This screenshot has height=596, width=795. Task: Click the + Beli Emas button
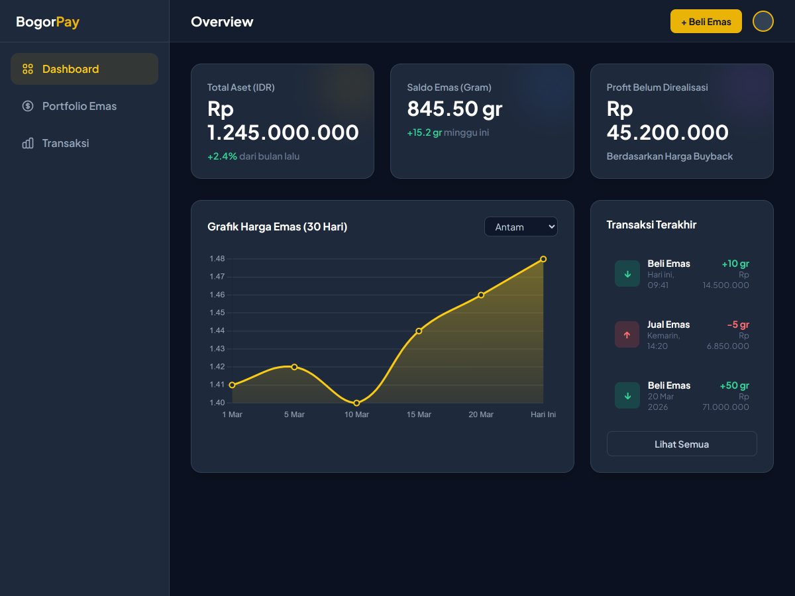[x=706, y=21]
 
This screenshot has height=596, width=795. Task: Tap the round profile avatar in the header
[x=763, y=21]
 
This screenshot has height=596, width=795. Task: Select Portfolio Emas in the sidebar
[x=79, y=106]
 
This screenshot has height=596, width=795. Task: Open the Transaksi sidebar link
[x=65, y=143]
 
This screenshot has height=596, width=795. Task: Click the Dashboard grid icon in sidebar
[x=28, y=69]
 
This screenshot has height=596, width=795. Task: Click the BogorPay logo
[x=48, y=22]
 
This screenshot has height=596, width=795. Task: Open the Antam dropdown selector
[x=521, y=226]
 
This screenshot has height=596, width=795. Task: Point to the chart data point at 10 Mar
[x=356, y=403]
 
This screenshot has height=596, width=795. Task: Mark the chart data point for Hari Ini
[x=543, y=259]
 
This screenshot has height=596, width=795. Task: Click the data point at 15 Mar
[x=419, y=330]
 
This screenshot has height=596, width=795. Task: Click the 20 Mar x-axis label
[x=481, y=415]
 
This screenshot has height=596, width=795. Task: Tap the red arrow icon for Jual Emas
[x=627, y=335]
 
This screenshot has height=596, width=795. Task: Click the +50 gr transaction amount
[x=734, y=385]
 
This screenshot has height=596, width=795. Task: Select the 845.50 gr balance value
[x=454, y=109]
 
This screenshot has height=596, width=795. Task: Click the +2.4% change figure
[x=222, y=156]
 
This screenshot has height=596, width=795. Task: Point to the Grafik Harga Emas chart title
[x=277, y=226]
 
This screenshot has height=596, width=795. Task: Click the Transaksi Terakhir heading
[x=651, y=224]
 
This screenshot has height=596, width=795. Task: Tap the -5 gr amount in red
[x=737, y=324]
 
